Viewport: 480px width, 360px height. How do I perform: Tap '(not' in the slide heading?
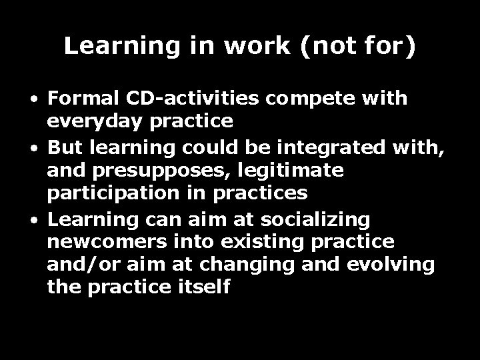(x=316, y=46)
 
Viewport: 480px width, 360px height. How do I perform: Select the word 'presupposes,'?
(x=152, y=171)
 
